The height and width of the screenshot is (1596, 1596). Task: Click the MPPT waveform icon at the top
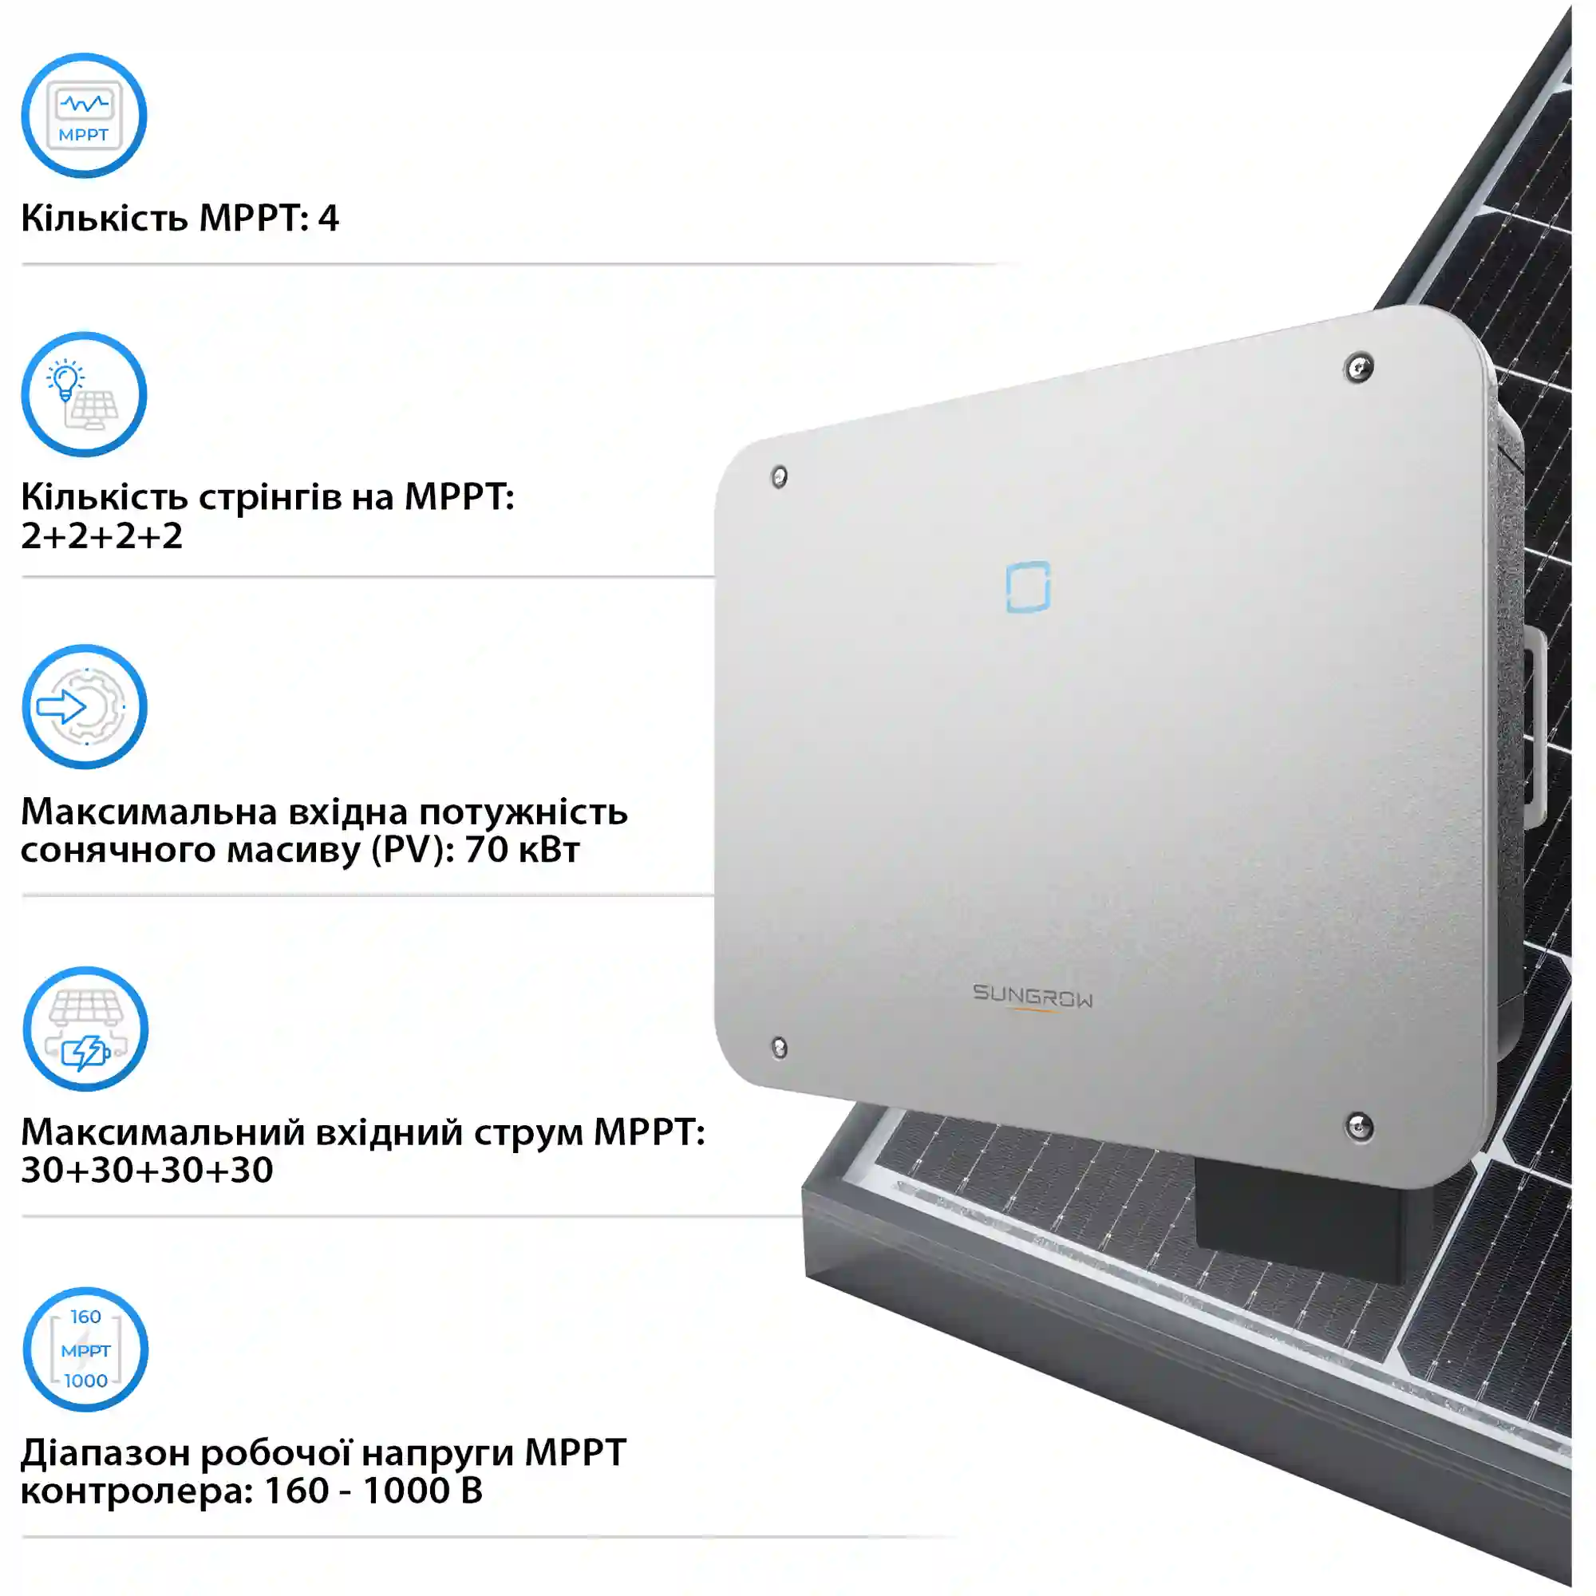pyautogui.click(x=84, y=116)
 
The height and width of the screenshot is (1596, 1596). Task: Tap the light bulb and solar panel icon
pyautogui.click(x=84, y=395)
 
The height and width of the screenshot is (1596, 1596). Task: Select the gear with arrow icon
pyautogui.click(x=85, y=707)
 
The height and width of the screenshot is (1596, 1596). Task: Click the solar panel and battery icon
pyautogui.click(x=85, y=1029)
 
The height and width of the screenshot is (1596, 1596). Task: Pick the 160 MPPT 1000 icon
pyautogui.click(x=85, y=1350)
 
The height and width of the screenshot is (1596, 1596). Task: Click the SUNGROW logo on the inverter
pyautogui.click(x=1033, y=996)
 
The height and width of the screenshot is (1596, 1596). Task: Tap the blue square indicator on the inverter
pyautogui.click(x=1028, y=587)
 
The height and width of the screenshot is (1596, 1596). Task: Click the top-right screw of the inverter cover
pyautogui.click(x=1359, y=368)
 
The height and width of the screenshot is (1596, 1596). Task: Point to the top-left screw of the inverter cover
pyautogui.click(x=779, y=476)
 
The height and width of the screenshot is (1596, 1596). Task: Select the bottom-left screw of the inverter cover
pyautogui.click(x=779, y=1049)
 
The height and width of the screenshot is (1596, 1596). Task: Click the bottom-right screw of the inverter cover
pyautogui.click(x=1360, y=1126)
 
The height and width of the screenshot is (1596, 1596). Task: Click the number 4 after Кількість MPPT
pyautogui.click(x=328, y=218)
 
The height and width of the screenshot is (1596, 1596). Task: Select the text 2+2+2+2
pyautogui.click(x=101, y=536)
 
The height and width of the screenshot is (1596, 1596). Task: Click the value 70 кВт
pyautogui.click(x=522, y=849)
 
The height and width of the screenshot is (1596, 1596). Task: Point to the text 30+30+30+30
pyautogui.click(x=147, y=1170)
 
